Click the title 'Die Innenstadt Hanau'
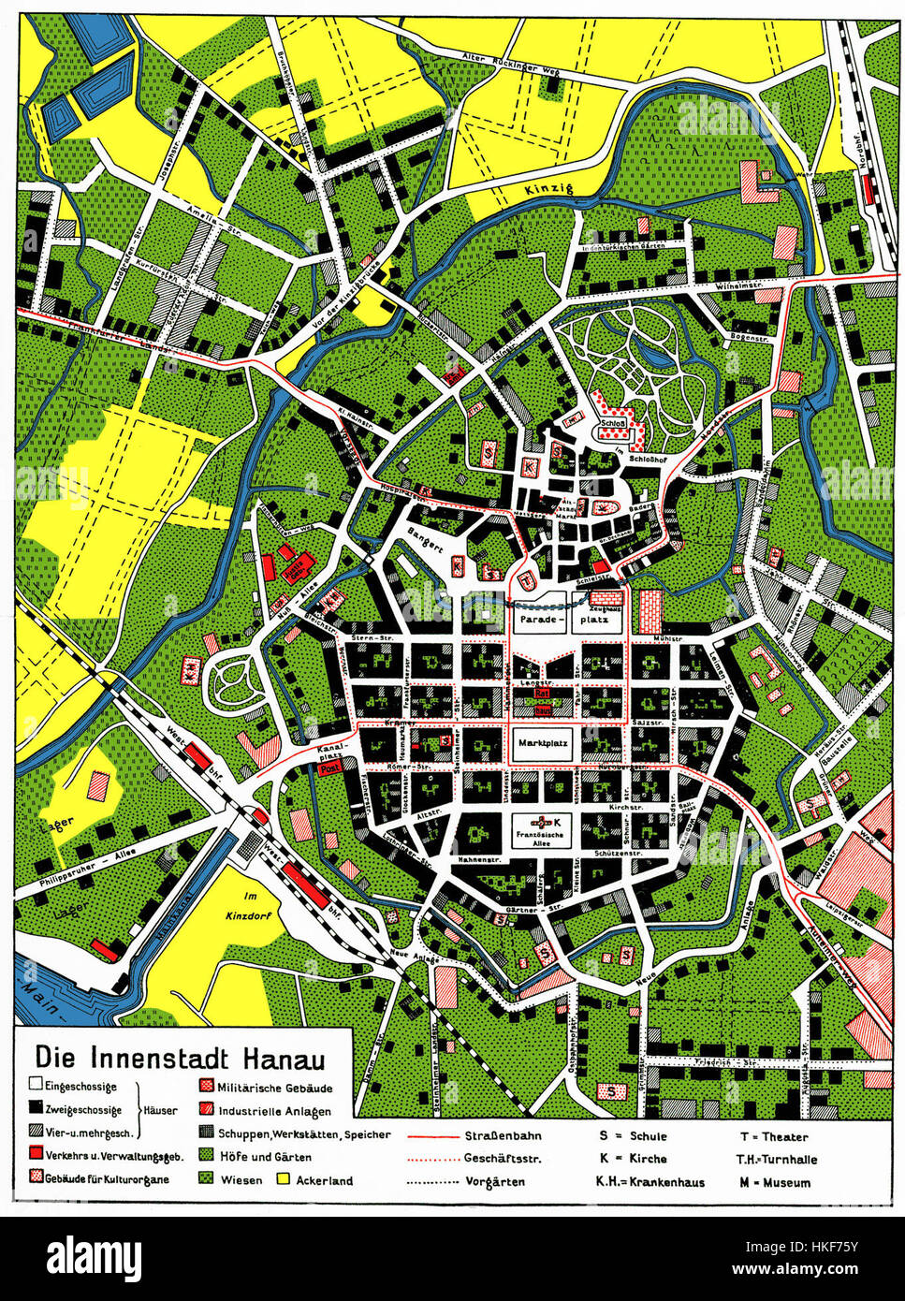coord(180,1057)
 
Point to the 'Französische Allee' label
coord(544,829)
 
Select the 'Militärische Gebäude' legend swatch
coord(204,1089)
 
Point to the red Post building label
coord(328,768)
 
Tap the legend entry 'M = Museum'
coord(774,1181)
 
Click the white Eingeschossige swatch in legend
coord(35,1087)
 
